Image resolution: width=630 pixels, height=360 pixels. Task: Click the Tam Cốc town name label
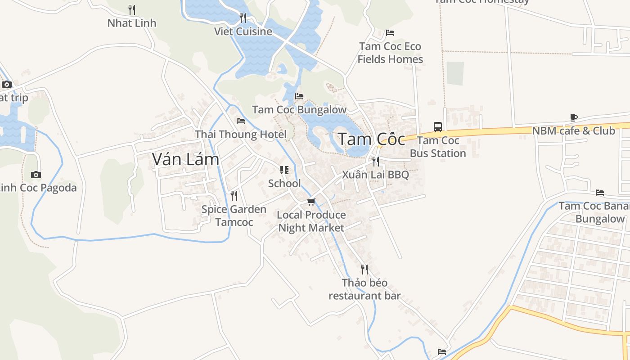pyautogui.click(x=371, y=139)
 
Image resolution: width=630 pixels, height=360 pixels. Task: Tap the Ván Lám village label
pyautogui.click(x=185, y=159)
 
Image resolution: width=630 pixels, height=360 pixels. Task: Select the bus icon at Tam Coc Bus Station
pyautogui.click(x=437, y=126)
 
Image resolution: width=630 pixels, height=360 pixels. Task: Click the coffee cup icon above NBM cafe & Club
pyautogui.click(x=573, y=118)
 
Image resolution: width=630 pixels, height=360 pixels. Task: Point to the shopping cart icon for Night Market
pyautogui.click(x=311, y=202)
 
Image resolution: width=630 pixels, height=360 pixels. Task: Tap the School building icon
pyautogui.click(x=284, y=170)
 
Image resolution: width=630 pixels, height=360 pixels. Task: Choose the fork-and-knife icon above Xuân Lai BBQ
pyautogui.click(x=375, y=161)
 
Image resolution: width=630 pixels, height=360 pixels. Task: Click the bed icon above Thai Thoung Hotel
pyautogui.click(x=241, y=121)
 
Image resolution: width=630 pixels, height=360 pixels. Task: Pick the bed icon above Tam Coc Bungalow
pyautogui.click(x=299, y=96)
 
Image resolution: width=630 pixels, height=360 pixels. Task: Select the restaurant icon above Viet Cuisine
pyautogui.click(x=243, y=18)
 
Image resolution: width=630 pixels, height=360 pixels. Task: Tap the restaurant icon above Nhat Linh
pyautogui.click(x=132, y=9)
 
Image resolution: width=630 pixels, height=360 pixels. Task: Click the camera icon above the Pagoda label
pyautogui.click(x=36, y=175)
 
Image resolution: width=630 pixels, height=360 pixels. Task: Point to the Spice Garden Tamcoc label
pyautogui.click(x=234, y=216)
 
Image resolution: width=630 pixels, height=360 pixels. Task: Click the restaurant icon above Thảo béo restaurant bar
pyautogui.click(x=364, y=270)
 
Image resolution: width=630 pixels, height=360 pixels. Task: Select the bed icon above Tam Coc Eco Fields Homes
pyautogui.click(x=390, y=33)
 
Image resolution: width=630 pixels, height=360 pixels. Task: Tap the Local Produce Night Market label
pyautogui.click(x=311, y=221)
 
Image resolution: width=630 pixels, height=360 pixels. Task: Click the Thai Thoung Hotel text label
pyautogui.click(x=241, y=134)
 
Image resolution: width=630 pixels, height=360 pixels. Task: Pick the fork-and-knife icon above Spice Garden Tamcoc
pyautogui.click(x=234, y=196)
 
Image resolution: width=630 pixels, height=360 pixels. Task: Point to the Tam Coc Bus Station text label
pyautogui.click(x=438, y=147)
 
